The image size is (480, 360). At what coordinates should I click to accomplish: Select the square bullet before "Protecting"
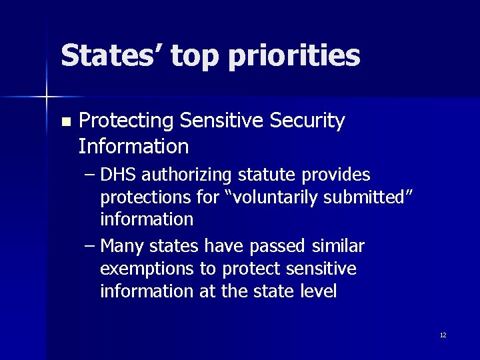[x=65, y=122]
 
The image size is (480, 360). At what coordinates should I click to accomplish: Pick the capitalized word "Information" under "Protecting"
[x=133, y=145]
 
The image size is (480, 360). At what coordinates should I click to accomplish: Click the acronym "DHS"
[x=119, y=175]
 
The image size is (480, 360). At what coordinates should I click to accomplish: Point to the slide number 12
[x=443, y=335]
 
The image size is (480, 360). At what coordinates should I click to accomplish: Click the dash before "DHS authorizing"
[x=91, y=175]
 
